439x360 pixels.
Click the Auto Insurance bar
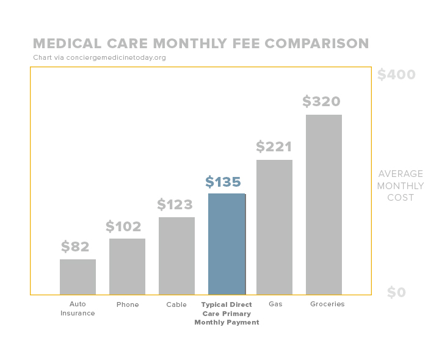click(x=78, y=276)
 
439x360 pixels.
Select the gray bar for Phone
click(x=127, y=266)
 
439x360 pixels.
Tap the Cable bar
click(x=176, y=256)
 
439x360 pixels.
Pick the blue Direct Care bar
click(x=227, y=244)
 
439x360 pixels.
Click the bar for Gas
click(x=274, y=227)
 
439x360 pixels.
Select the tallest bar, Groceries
click(x=324, y=204)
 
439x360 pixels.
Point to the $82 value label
click(x=75, y=247)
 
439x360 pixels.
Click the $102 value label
click(x=123, y=227)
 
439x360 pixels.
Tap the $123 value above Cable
click(x=175, y=204)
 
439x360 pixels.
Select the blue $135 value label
click(x=223, y=182)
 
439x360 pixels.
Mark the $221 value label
click(x=274, y=147)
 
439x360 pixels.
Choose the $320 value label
click(x=321, y=101)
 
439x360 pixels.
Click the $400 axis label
click(x=396, y=75)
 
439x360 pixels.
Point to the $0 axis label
click(x=396, y=293)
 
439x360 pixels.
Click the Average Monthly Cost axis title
click(x=400, y=185)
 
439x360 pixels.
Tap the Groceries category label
click(x=327, y=304)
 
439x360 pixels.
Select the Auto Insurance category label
click(x=78, y=309)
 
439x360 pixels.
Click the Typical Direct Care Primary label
click(x=227, y=313)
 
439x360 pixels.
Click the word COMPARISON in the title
click(x=317, y=44)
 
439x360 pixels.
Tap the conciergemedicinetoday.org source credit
click(x=100, y=58)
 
